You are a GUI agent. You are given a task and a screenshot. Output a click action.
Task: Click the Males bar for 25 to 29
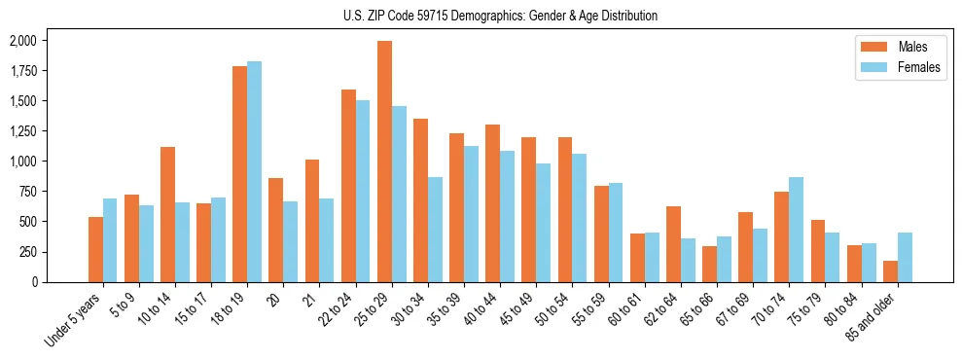click(385, 162)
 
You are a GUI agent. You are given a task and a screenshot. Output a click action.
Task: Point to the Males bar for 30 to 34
click(421, 200)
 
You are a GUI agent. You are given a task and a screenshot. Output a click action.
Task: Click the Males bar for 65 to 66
click(710, 264)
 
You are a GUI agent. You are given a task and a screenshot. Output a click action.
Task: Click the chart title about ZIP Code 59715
click(500, 16)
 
